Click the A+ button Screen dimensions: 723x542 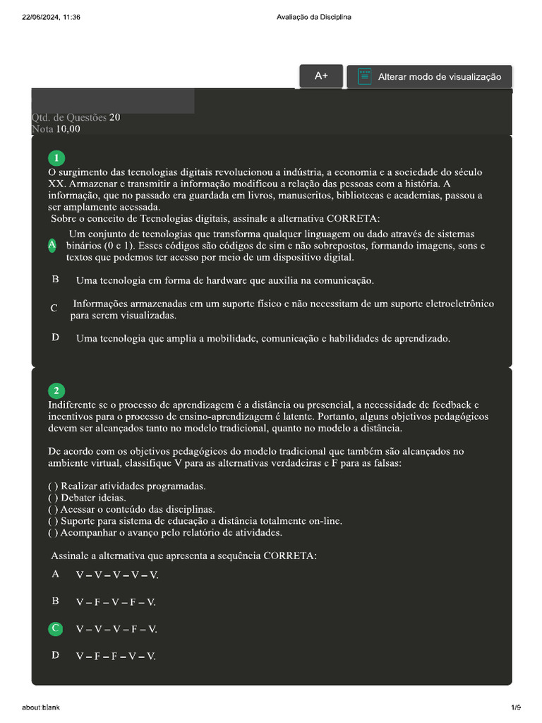coord(321,76)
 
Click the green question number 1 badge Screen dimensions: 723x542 coord(56,157)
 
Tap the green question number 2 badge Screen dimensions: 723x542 coord(56,390)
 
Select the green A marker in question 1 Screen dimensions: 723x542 coord(52,245)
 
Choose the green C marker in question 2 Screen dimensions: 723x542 coord(56,628)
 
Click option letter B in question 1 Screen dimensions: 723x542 coord(55,280)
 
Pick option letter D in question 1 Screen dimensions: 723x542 coord(55,337)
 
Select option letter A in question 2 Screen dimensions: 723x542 coord(55,574)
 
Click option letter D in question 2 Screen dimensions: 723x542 coord(55,655)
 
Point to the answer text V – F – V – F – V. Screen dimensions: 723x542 coord(116,602)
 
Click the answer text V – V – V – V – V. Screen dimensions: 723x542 coord(117,575)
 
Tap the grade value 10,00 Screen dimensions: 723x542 coord(68,129)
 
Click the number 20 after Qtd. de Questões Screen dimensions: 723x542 coord(115,117)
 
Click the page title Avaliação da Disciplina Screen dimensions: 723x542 coord(315,17)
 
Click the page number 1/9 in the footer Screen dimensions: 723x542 coord(516,707)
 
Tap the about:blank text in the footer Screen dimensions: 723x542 coord(41,707)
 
